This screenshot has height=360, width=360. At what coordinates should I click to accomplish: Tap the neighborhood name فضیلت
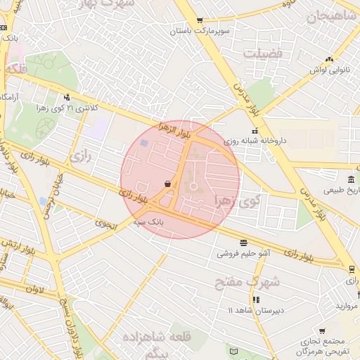[262, 53]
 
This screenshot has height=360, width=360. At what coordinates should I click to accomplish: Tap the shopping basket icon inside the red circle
[167, 184]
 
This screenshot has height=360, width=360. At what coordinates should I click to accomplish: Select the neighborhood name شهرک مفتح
[255, 281]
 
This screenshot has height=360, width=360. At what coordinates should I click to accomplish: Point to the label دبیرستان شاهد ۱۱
[255, 310]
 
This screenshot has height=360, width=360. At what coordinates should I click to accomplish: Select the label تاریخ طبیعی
[342, 190]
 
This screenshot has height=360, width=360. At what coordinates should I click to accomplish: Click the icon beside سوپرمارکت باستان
[200, 20]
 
